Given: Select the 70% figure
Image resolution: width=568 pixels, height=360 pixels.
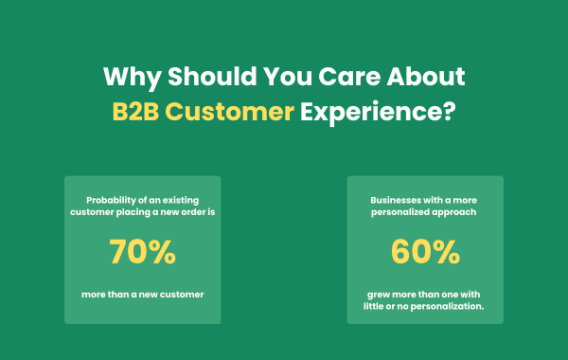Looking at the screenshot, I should point(142,252).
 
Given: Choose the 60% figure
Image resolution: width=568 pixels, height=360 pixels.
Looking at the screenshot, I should point(425,252).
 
